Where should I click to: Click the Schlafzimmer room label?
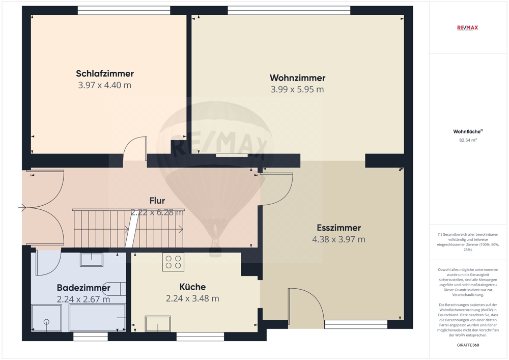[x=105, y=74]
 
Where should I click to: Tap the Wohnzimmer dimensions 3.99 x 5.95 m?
[x=297, y=89]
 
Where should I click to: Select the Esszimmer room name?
[x=339, y=228]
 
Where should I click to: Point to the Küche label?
[x=192, y=287]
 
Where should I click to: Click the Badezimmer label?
[x=84, y=288]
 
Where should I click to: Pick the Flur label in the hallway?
[x=157, y=201]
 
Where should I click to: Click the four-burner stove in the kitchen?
[x=174, y=262]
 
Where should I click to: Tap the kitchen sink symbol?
[x=158, y=323]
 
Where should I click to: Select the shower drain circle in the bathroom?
[x=46, y=322]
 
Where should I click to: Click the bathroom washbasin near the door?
[x=92, y=260]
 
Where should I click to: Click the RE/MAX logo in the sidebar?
[x=467, y=28]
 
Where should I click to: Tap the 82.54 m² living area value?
[x=468, y=140]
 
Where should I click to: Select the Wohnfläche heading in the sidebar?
[x=468, y=131]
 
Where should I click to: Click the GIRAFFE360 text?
[x=468, y=345]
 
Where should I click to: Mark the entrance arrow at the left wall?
[x=22, y=207]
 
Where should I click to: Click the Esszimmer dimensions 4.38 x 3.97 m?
[x=338, y=239]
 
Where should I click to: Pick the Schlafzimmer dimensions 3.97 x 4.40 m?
[x=104, y=85]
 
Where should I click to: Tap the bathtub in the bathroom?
[x=97, y=318]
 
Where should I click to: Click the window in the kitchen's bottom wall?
[x=200, y=337]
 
